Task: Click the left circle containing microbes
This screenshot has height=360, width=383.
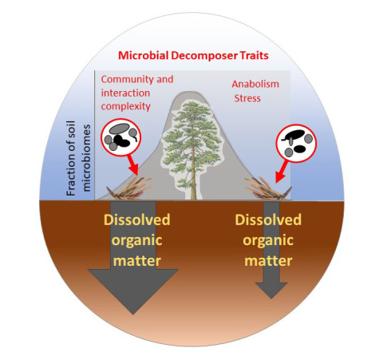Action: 122,137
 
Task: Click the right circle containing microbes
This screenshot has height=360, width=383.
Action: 295,143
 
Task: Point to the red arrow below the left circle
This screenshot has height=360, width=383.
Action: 131,167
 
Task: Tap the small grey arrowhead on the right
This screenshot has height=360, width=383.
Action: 271,288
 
